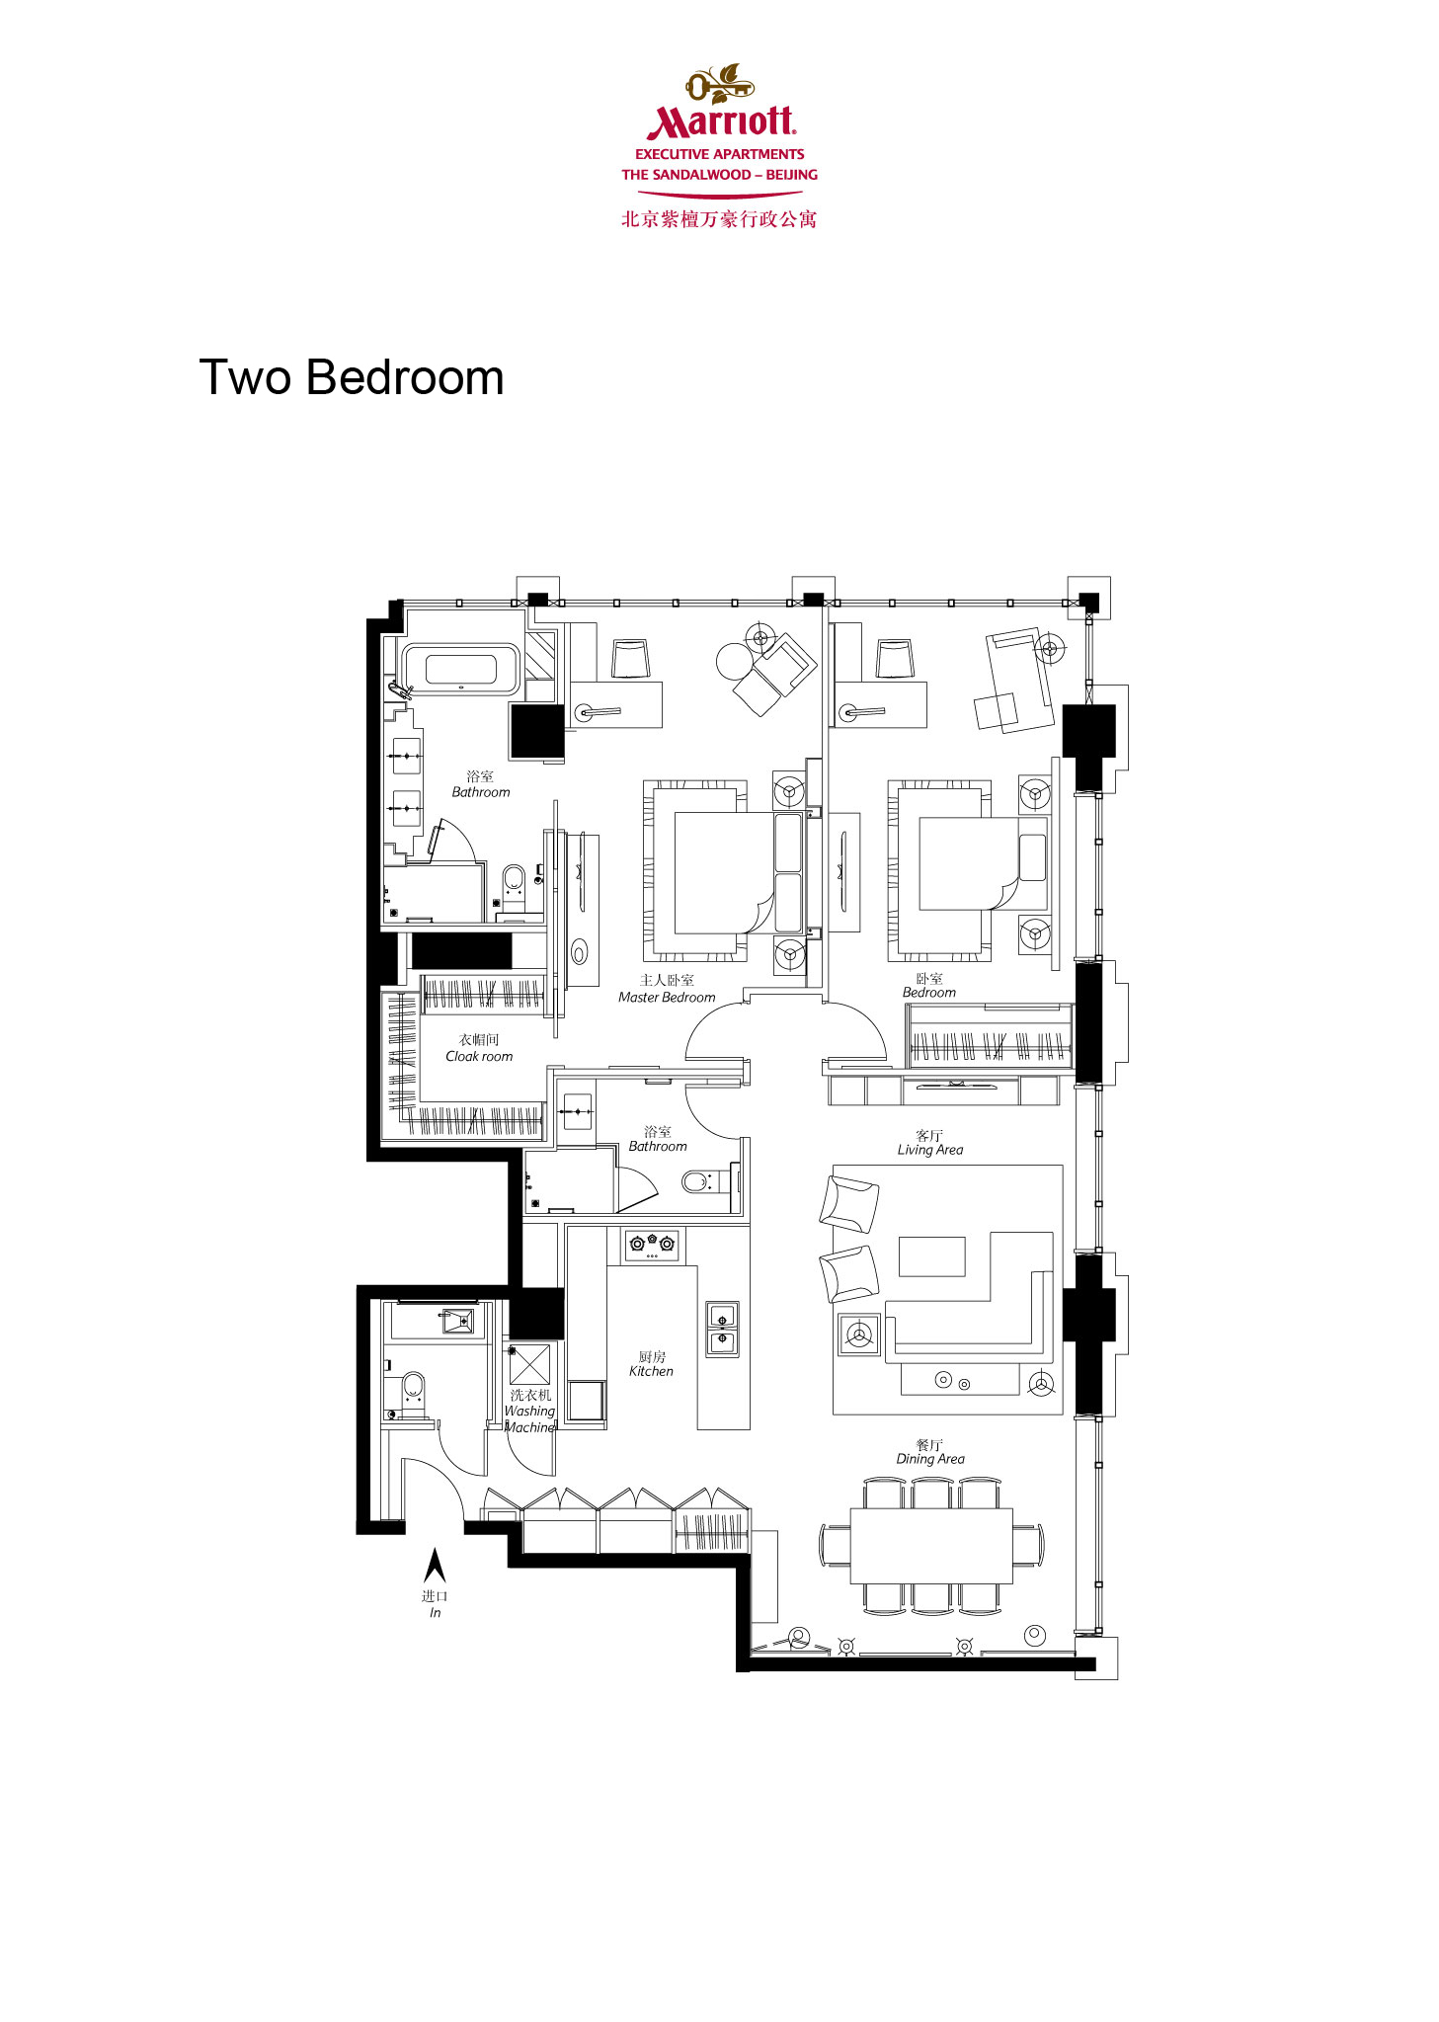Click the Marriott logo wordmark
click(x=720, y=121)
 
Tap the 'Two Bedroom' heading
click(x=352, y=377)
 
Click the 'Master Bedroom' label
click(x=667, y=998)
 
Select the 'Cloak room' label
click(x=479, y=1056)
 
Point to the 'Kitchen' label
click(x=651, y=1371)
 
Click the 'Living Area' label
click(x=929, y=1150)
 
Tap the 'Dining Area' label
click(x=930, y=1459)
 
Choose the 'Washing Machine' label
click(x=530, y=1419)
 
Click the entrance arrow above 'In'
click(x=435, y=1566)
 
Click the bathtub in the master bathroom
click(x=460, y=670)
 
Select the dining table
click(x=931, y=1546)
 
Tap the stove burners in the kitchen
click(x=652, y=1245)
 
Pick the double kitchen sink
click(x=722, y=1329)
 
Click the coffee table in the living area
click(x=931, y=1256)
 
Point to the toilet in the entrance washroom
click(x=413, y=1388)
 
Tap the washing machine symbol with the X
click(x=529, y=1364)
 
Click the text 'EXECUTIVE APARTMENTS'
click(x=720, y=154)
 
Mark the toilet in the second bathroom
click(x=697, y=1180)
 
